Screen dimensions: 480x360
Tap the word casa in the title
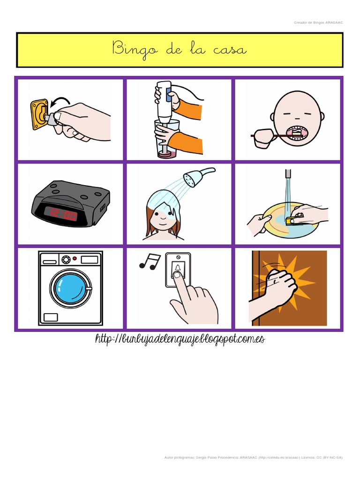click(x=228, y=49)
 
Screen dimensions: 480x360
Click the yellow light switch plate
click(x=39, y=113)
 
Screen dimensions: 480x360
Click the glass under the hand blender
click(x=165, y=138)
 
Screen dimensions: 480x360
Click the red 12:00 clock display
click(x=61, y=215)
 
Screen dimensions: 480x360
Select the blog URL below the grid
click(x=180, y=339)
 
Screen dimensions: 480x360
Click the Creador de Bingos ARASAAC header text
click(x=318, y=22)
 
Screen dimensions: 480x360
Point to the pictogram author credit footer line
click(x=254, y=457)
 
